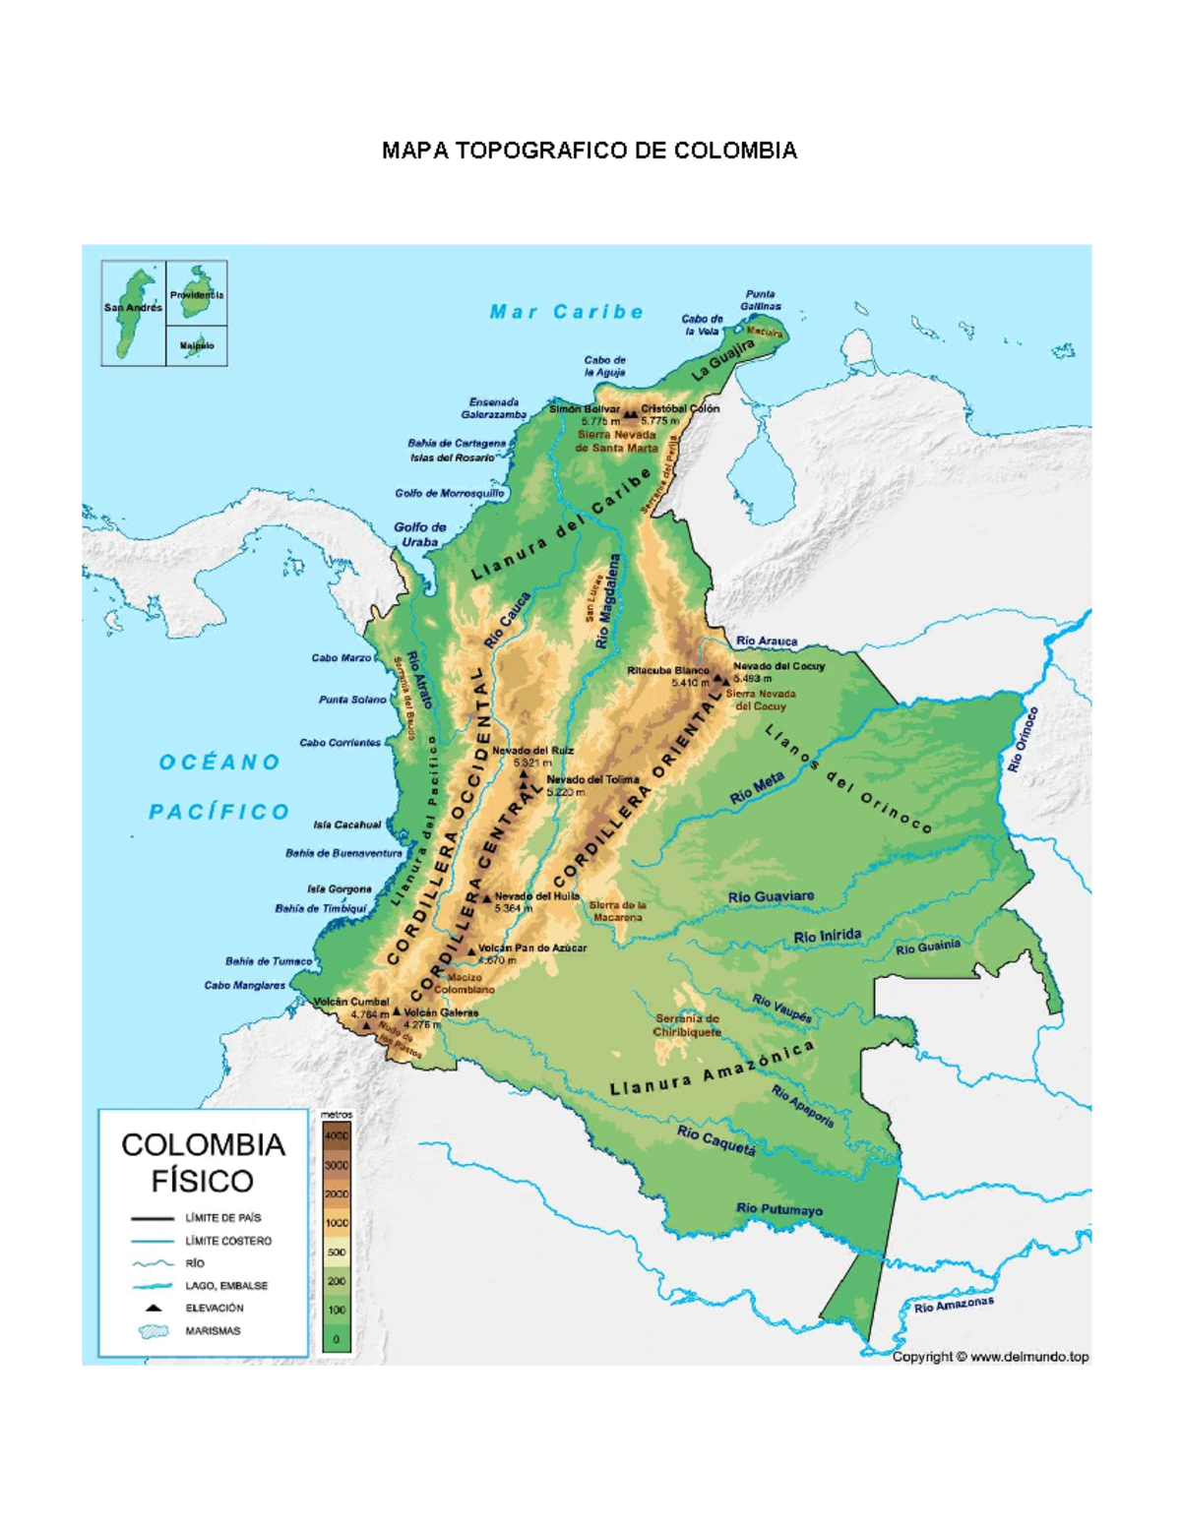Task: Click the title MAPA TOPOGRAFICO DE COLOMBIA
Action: pos(590,151)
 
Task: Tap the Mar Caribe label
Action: pos(567,312)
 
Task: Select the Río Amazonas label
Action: pos(953,1305)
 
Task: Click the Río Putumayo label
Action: pos(778,1209)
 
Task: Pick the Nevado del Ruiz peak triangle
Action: pos(524,774)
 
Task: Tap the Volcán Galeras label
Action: pos(441,1012)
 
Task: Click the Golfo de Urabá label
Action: pos(420,534)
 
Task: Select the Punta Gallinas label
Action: pos(761,300)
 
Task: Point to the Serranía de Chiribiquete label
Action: pos(687,1025)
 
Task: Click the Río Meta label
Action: pos(757,787)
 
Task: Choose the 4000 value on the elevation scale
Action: pos(337,1135)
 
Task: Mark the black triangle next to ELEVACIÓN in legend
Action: pos(154,1308)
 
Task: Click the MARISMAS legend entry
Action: pos(213,1331)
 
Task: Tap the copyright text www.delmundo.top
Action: pos(990,1357)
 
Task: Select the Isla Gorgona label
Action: pos(340,888)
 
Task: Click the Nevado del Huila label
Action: pos(536,896)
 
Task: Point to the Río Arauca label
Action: pos(767,641)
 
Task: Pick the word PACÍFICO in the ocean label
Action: pos(219,812)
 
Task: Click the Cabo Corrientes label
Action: pos(340,743)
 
